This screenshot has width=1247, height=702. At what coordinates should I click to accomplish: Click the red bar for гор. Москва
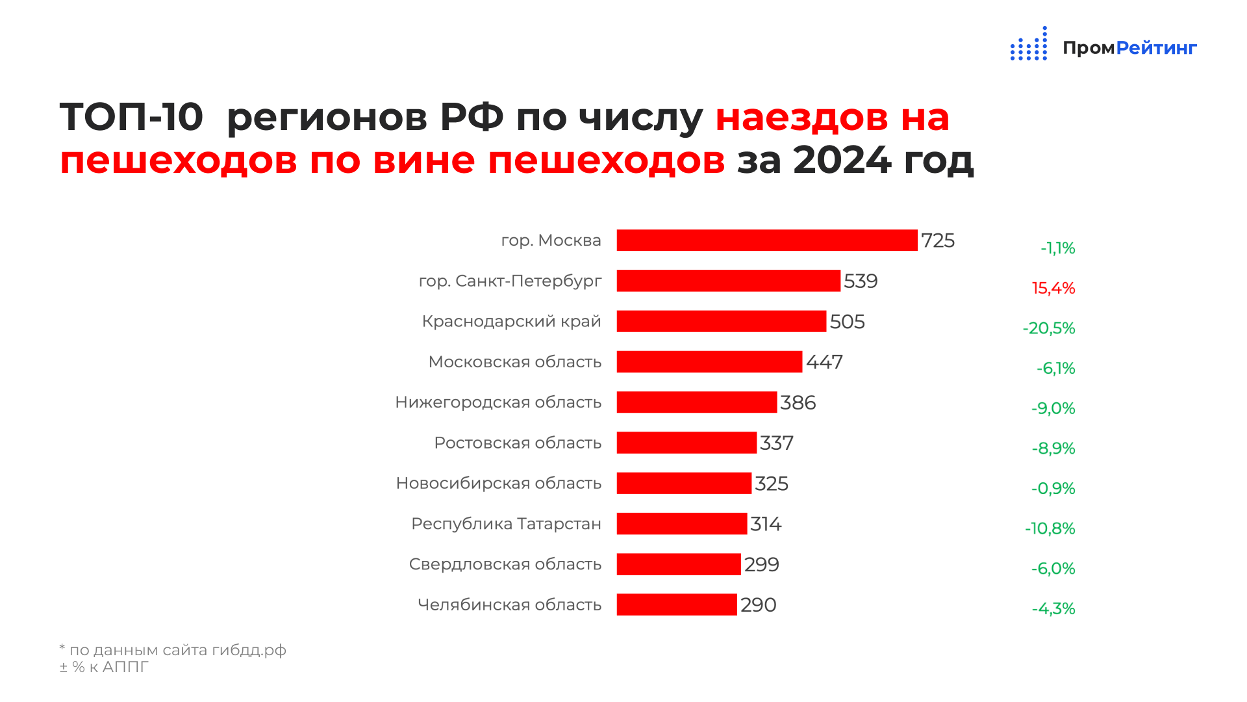(x=767, y=240)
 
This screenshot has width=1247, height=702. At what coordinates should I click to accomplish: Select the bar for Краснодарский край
(x=722, y=321)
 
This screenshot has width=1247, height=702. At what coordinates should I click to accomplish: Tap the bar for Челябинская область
(x=677, y=604)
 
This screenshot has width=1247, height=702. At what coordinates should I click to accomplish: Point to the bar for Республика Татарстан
(x=682, y=524)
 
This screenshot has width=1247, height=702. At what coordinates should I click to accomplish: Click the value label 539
(x=861, y=281)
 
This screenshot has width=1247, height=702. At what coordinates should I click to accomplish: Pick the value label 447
(x=824, y=362)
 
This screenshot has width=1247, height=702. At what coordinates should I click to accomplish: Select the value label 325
(x=772, y=484)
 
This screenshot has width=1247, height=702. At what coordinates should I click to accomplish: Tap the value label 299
(x=762, y=564)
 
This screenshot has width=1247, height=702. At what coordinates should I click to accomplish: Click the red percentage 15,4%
(x=1053, y=288)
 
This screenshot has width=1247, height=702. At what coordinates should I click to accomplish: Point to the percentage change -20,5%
(x=1049, y=328)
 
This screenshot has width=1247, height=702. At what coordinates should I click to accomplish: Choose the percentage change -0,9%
(x=1053, y=488)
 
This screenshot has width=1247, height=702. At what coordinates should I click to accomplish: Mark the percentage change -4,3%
(x=1053, y=608)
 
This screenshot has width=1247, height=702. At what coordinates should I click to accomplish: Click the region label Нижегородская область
(x=498, y=402)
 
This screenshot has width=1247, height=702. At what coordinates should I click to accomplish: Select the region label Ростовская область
(x=518, y=443)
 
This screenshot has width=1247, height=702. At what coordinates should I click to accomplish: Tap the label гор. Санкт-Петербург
(x=510, y=281)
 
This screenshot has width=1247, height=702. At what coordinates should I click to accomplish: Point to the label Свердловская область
(x=505, y=564)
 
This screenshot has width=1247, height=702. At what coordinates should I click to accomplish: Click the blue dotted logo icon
(x=1029, y=44)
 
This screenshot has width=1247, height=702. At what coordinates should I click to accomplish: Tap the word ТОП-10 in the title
(x=132, y=117)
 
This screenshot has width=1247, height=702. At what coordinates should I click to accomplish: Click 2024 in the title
(x=842, y=159)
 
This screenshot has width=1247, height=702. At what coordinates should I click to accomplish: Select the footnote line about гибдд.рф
(x=173, y=650)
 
